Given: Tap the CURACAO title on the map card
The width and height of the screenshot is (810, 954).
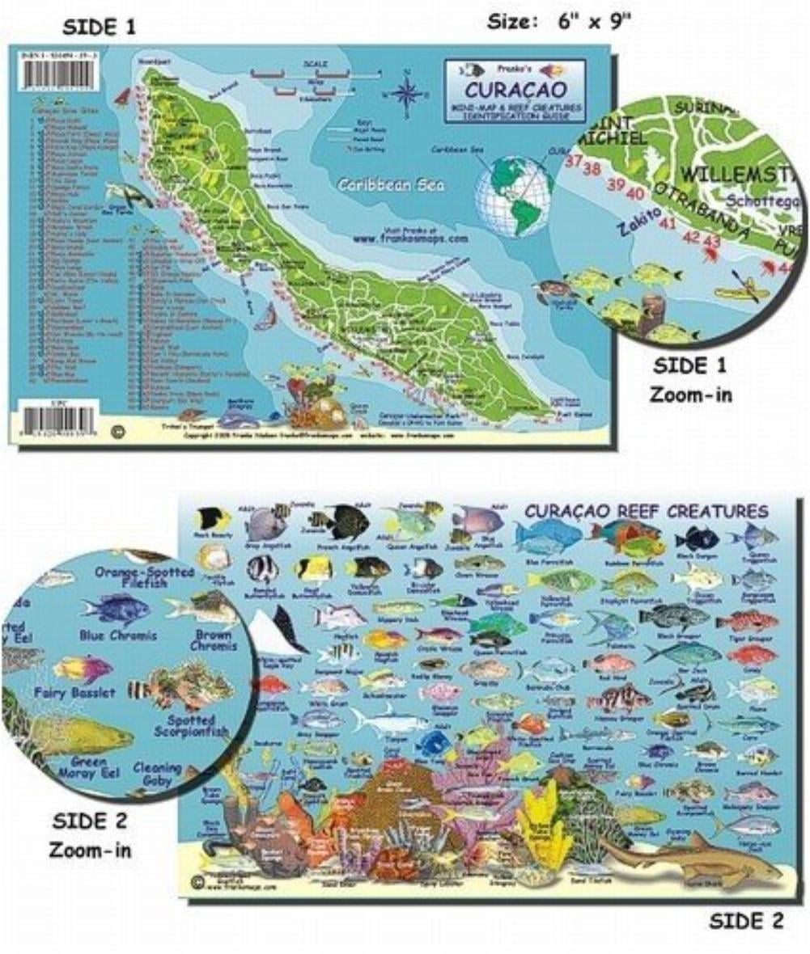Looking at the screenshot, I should [506, 87].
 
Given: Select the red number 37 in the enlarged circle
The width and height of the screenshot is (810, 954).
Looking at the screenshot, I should [575, 160].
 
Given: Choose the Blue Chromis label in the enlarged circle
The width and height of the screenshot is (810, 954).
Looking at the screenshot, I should [118, 635].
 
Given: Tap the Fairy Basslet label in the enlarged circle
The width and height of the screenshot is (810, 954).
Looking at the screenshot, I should [75, 693].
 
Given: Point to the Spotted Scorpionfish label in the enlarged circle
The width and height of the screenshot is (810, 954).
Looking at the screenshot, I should [193, 725].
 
